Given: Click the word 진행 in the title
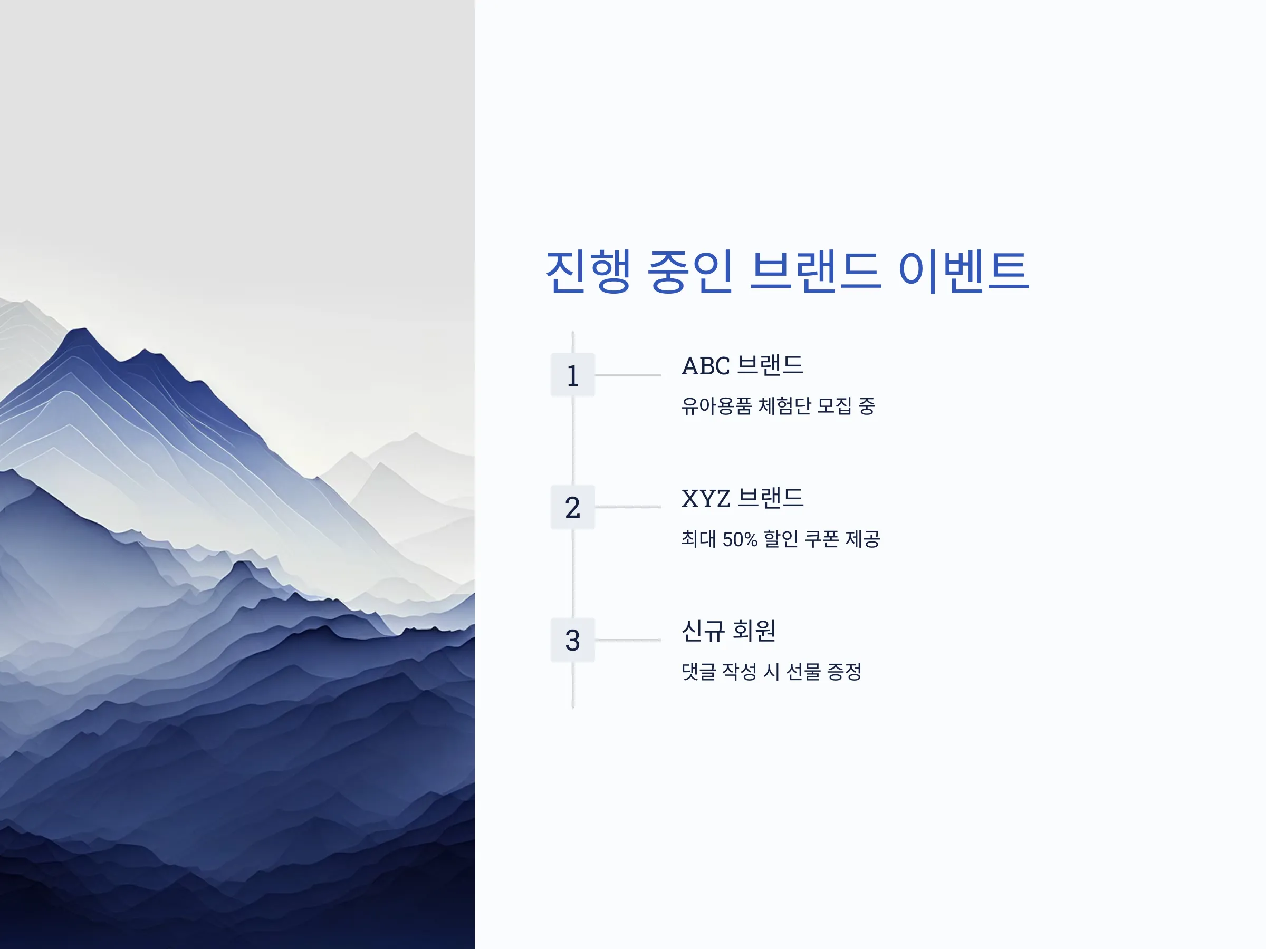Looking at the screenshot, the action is coord(588,271).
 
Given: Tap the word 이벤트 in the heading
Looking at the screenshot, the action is coord(964,271).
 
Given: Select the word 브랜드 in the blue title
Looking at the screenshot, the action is coord(815,271).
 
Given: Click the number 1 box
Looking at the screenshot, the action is coord(572,375).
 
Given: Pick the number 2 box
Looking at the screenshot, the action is coord(572,507).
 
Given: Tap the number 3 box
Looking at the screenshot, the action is coord(572,640).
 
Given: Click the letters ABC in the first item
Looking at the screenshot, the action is coord(706,366).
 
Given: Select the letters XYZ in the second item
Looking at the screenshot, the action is coord(706,499).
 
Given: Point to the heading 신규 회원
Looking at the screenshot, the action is coord(728,631).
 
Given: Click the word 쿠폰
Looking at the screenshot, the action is coord(822,539).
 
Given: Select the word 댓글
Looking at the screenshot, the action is coord(698,672).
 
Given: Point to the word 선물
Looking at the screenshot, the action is coord(803,672).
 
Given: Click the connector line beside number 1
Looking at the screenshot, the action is coord(628,375).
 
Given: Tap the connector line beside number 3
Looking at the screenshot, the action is coord(628,640).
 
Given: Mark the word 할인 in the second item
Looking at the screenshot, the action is coord(781,539).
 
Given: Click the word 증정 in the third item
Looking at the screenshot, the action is coord(844,672).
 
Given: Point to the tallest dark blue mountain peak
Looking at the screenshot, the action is coord(80,331).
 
